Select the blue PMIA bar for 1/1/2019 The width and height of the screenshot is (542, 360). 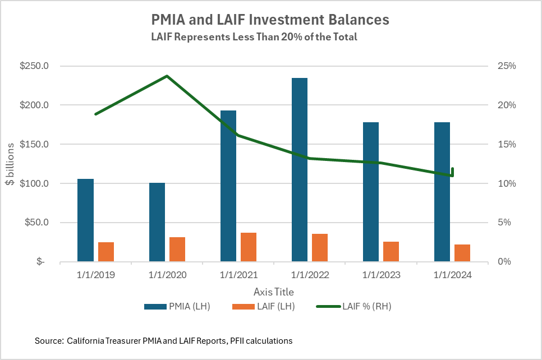pos(85,220)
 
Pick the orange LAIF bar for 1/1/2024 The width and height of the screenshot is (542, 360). pos(462,252)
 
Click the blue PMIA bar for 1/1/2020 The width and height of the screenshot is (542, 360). pos(157,221)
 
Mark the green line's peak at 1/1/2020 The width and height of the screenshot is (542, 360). pos(167,76)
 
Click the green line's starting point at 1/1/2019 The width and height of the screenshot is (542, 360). pos(96,114)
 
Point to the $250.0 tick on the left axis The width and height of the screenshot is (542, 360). pos(35,66)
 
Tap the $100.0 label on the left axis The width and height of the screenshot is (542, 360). pos(35,183)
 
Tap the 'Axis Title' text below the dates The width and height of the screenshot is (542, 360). pos(273,292)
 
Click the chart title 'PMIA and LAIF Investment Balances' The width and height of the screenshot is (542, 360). pos(270,20)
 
